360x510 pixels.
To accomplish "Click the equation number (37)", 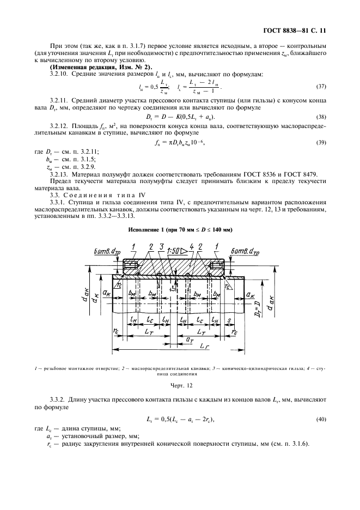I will pyautogui.click(x=322, y=87).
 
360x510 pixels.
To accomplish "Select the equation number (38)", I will pyautogui.click(x=322, y=117).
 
